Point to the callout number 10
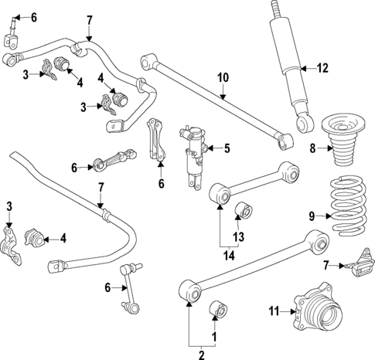(x=223, y=77)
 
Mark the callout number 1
(x=215, y=336)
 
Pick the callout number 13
(x=240, y=236)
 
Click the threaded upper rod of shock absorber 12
(x=276, y=12)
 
